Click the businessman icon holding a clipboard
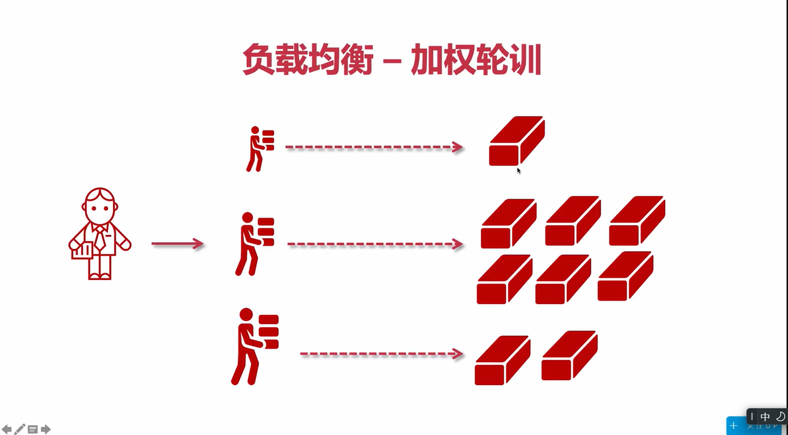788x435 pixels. [x=100, y=233]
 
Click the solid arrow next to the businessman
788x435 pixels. [x=177, y=244]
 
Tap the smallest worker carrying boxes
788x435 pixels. [x=260, y=149]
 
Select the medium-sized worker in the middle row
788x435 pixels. [x=255, y=243]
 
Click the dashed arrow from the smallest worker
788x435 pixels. [x=374, y=147]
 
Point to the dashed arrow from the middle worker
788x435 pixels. [x=375, y=244]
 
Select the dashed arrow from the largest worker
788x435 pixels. [x=381, y=354]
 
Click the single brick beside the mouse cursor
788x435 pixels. [x=517, y=141]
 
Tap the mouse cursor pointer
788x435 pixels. [x=519, y=171]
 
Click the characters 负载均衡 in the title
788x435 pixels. [x=307, y=60]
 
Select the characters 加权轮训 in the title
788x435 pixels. [x=476, y=60]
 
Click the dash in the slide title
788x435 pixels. [x=392, y=61]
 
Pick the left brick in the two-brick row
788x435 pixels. [x=502, y=360]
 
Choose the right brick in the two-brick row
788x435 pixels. [x=569, y=355]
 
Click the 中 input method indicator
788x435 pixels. [x=765, y=417]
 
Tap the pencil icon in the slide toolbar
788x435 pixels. [x=20, y=429]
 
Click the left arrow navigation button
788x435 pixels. [x=7, y=429]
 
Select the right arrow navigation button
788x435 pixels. [x=46, y=429]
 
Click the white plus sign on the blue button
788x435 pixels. [x=734, y=425]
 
